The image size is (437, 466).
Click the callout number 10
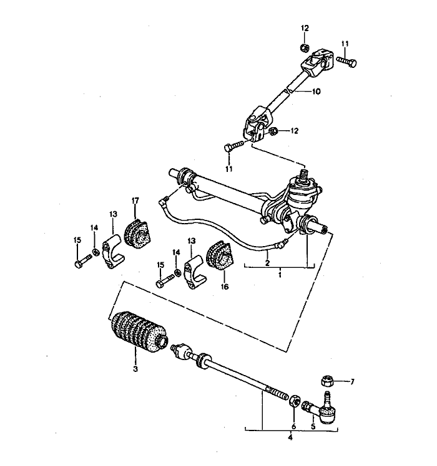pyautogui.click(x=317, y=91)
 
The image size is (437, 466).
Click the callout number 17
pyautogui.click(x=135, y=200)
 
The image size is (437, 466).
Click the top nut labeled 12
pyautogui.click(x=303, y=47)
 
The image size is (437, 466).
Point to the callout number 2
pyautogui.click(x=267, y=263)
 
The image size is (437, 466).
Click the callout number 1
pyautogui.click(x=281, y=274)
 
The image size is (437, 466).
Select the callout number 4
pyautogui.click(x=290, y=438)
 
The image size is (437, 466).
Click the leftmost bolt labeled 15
pyautogui.click(x=78, y=264)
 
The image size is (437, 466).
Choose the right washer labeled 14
pyautogui.click(x=177, y=272)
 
